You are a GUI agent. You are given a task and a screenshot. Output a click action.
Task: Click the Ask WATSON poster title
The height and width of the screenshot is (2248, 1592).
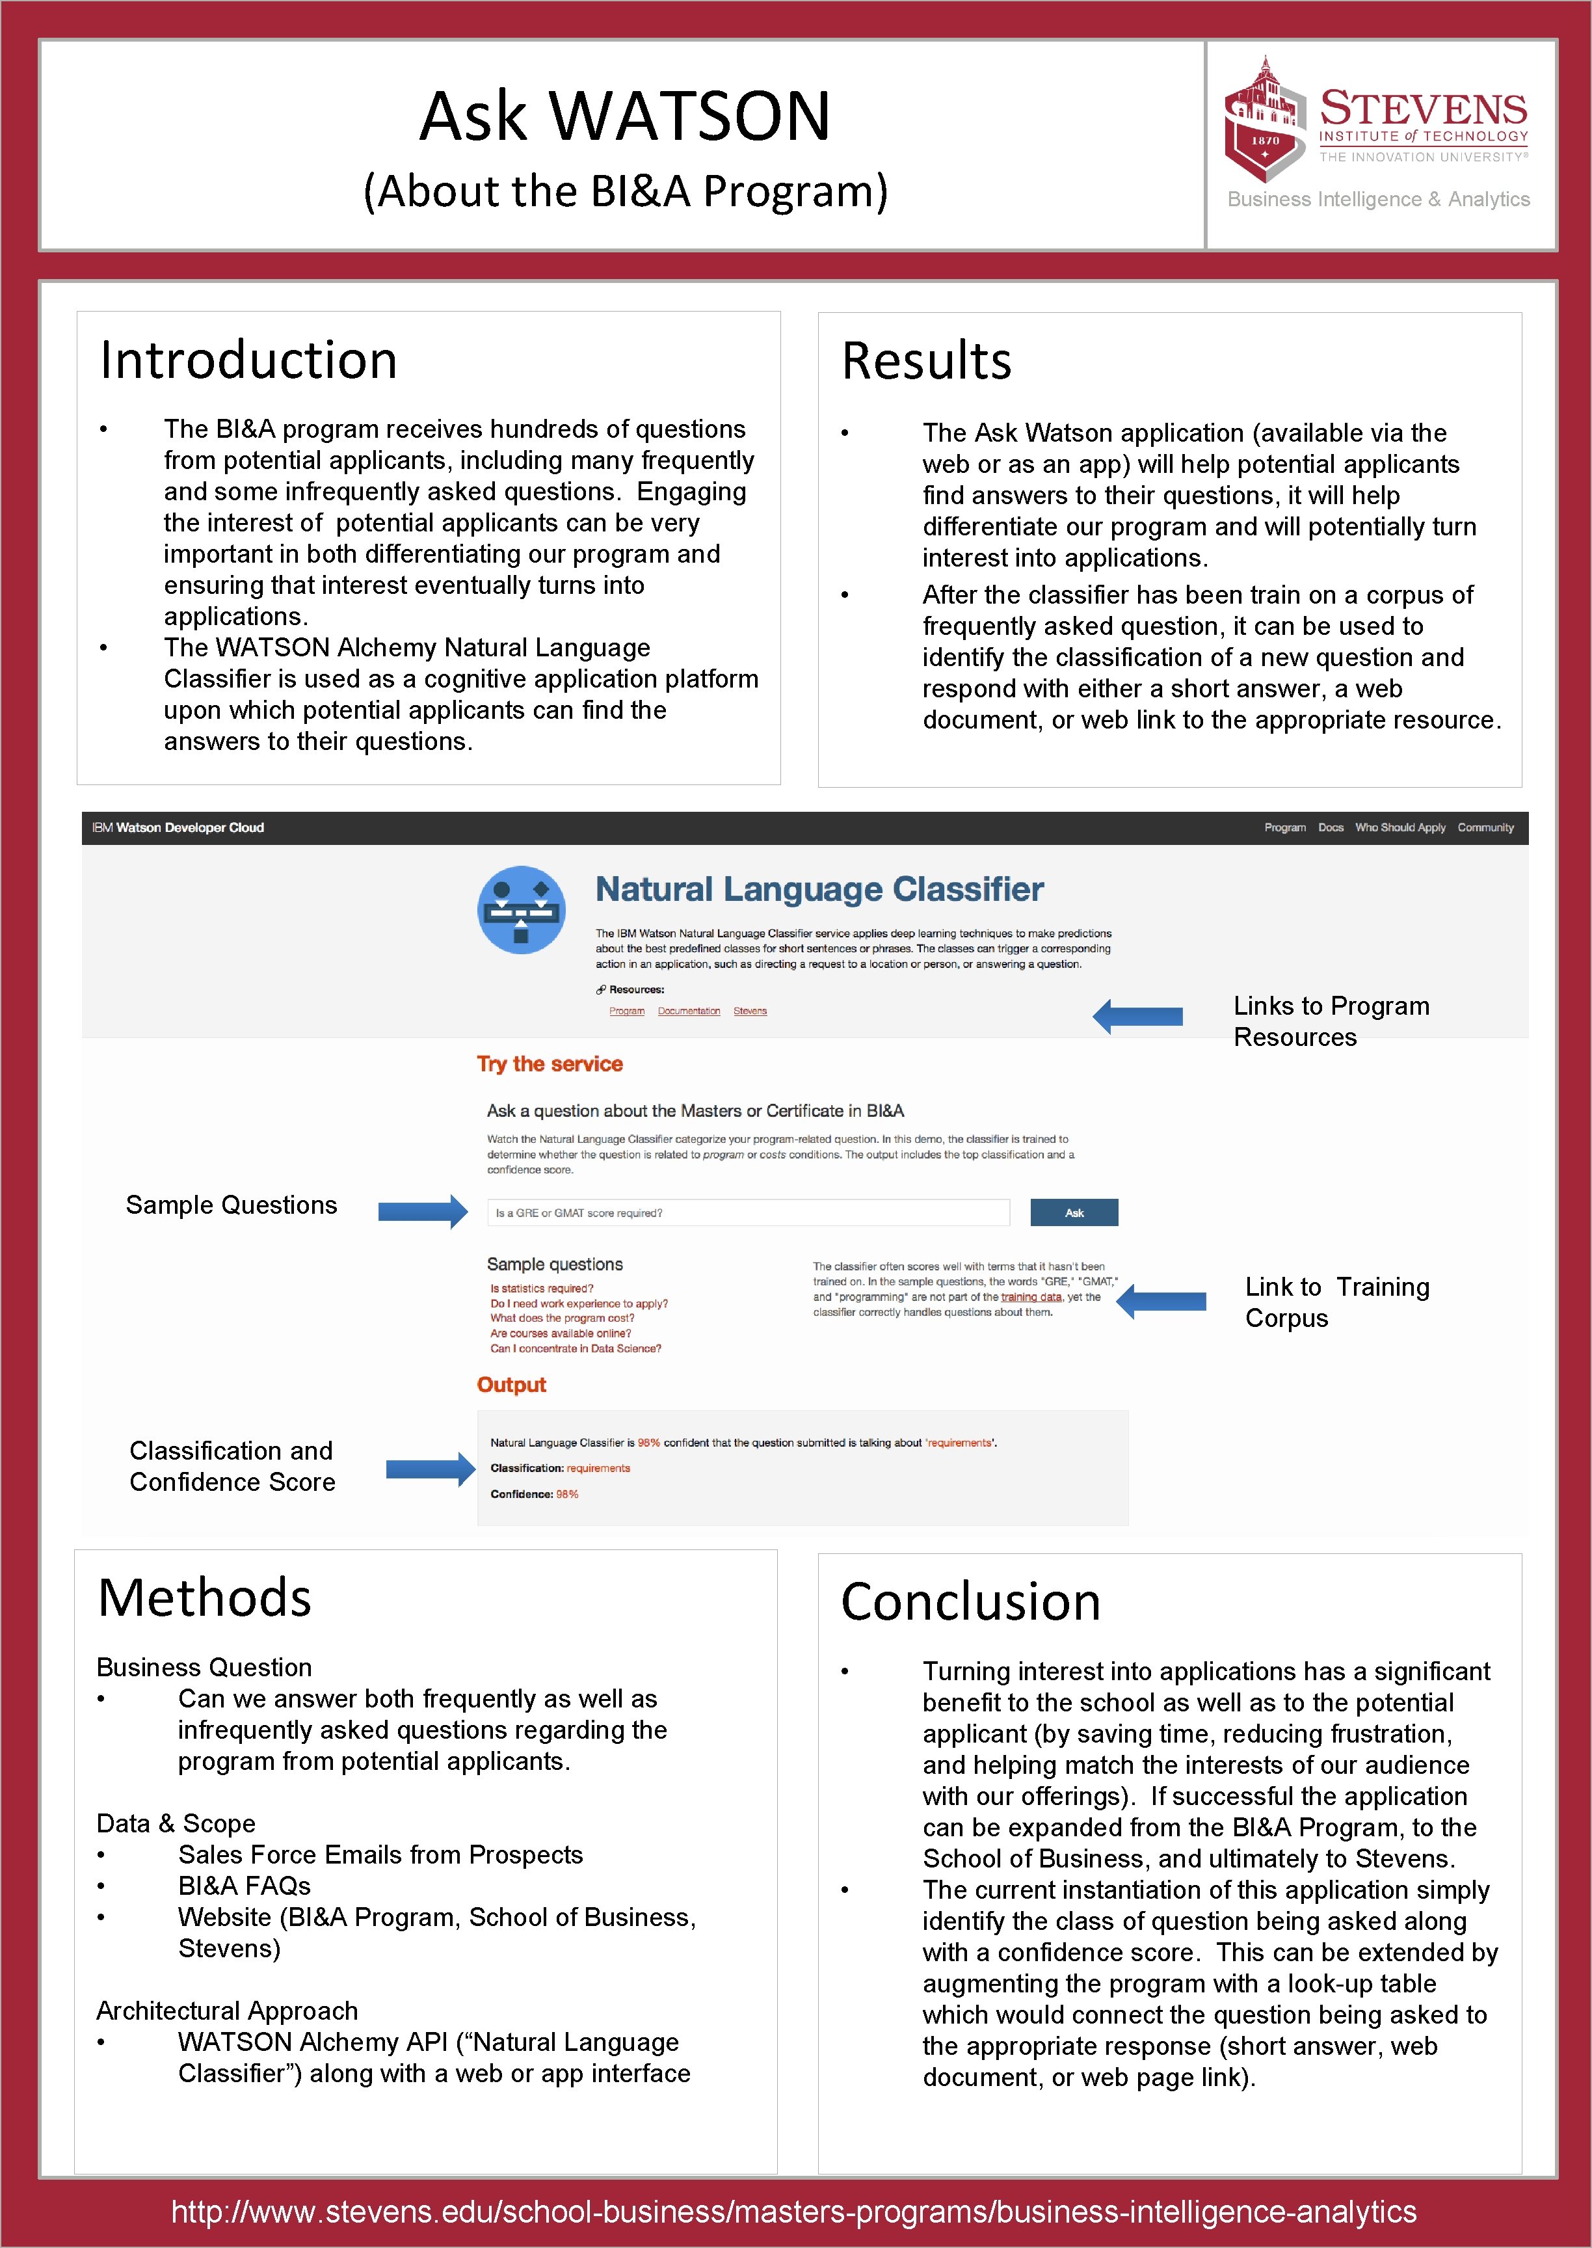pos(626,116)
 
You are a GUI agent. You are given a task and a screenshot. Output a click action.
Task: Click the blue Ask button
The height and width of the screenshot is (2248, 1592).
pos(1074,1212)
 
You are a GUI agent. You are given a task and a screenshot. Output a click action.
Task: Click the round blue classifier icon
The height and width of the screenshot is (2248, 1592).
pos(522,910)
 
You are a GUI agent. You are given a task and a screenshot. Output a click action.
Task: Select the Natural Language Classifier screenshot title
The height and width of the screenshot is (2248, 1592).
pos(819,889)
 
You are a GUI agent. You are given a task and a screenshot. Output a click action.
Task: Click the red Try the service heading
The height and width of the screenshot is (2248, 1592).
pos(550,1064)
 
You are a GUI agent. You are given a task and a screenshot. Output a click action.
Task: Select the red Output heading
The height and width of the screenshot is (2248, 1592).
pos(511,1384)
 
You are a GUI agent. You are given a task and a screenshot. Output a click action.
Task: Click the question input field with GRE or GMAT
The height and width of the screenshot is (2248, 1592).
pos(748,1212)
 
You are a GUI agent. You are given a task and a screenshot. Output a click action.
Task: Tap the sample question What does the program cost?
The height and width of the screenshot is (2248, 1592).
pos(563,1318)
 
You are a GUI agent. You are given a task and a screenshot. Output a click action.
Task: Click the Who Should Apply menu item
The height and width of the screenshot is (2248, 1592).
pos(1400,827)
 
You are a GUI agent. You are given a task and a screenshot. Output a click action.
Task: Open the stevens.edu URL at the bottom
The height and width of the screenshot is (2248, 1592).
pos(794,2211)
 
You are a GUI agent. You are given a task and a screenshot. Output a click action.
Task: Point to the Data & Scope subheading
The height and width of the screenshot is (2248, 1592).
pos(176,1823)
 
